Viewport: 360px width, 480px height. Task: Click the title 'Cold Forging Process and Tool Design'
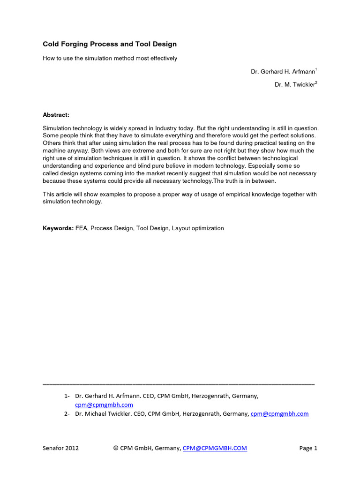tap(110, 44)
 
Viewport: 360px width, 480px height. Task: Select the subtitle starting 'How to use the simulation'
tap(110, 58)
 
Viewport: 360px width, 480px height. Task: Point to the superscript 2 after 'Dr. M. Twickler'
tap(316, 82)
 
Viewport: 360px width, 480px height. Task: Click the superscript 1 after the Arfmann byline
tap(316, 70)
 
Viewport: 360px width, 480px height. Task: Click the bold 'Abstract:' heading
tap(56, 114)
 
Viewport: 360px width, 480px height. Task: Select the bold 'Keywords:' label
tap(58, 228)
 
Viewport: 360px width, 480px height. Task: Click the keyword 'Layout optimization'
tap(198, 228)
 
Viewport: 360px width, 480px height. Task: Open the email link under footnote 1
tap(104, 405)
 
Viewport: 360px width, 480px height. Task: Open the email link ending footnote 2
tap(280, 413)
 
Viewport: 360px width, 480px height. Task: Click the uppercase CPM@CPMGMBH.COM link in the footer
tap(215, 448)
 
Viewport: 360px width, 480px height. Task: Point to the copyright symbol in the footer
tap(116, 448)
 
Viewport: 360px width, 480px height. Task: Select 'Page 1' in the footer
tap(308, 448)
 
